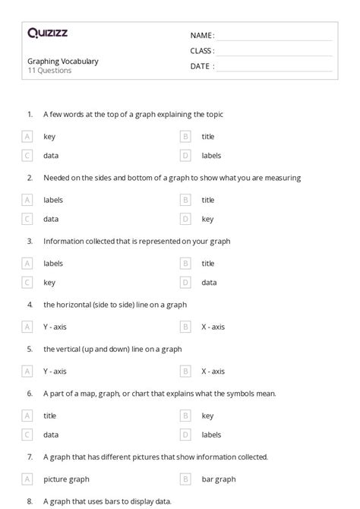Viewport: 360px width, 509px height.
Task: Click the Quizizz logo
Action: [47, 33]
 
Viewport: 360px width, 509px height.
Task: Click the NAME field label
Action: [202, 35]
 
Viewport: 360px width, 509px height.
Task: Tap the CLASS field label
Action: [202, 51]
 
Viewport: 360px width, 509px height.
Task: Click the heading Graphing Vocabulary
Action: [63, 61]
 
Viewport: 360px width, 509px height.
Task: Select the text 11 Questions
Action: [49, 71]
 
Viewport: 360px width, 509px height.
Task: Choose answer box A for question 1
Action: [27, 137]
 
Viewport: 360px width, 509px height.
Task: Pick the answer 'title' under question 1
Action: [208, 137]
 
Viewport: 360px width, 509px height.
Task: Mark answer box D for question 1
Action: [185, 155]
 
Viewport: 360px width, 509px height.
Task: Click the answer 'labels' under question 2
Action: [53, 200]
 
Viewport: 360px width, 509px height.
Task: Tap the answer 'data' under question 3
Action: [209, 282]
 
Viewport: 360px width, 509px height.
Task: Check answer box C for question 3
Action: [27, 282]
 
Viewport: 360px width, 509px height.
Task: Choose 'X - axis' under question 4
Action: [213, 327]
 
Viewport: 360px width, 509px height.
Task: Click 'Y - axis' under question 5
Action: [55, 371]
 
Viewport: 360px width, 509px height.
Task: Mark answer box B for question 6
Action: [185, 416]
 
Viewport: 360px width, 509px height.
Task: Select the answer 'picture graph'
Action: [66, 479]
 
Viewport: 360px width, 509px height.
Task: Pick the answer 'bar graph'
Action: [219, 479]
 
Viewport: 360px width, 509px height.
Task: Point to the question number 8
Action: [30, 501]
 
